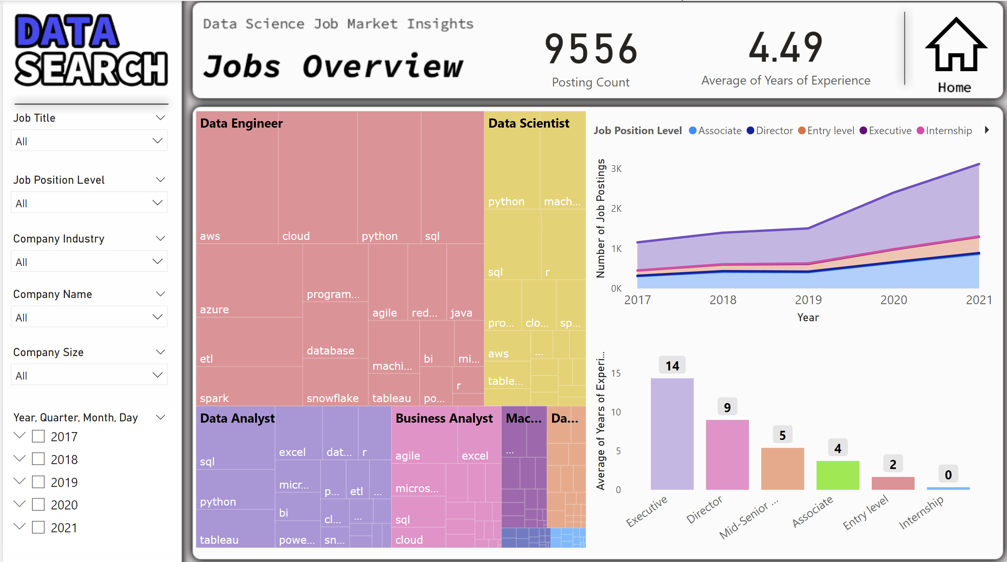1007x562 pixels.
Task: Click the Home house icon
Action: (955, 47)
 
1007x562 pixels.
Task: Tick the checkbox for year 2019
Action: (38, 482)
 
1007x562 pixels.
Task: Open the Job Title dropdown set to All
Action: (89, 141)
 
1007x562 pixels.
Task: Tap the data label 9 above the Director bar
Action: (727, 407)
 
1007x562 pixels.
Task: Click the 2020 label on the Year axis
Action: (894, 300)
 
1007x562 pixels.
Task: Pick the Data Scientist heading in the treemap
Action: (529, 123)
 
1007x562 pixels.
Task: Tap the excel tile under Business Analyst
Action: (478, 442)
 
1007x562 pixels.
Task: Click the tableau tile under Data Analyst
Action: (235, 528)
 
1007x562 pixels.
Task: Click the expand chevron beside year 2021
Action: (19, 527)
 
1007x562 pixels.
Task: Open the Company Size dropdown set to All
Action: (89, 375)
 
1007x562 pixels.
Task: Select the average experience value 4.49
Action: (785, 48)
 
